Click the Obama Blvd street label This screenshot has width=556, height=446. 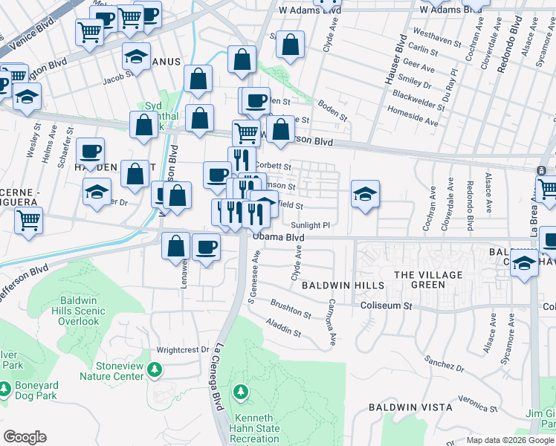click(279, 237)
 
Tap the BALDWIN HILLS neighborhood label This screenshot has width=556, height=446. click(343, 285)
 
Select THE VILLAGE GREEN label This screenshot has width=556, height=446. click(428, 280)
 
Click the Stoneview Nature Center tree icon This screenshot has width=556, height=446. click(155, 369)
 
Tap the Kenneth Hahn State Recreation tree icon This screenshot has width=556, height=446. click(240, 391)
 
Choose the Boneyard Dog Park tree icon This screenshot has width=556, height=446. click(4, 388)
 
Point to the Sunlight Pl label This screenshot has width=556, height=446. click(310, 224)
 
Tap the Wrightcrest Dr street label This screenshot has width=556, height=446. click(183, 349)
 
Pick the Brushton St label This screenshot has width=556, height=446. click(291, 308)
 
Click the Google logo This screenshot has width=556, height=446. click(25, 437)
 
